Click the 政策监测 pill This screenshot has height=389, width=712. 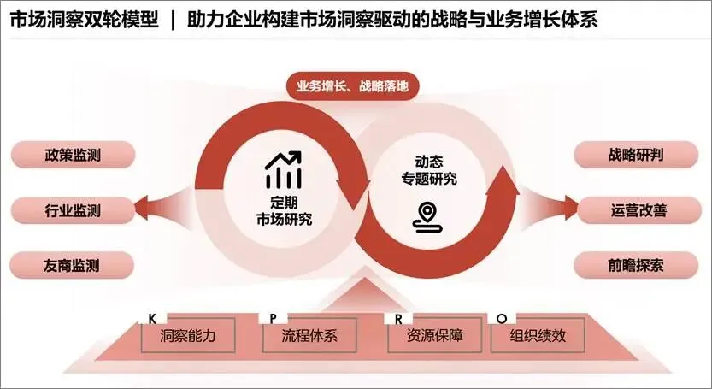coord(73,155)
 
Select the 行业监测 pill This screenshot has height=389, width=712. coord(73,210)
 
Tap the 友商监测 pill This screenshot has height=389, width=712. coord(72,265)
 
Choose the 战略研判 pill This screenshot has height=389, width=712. coord(636,155)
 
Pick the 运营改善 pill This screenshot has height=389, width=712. coord(638,210)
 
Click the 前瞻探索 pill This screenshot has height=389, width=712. coord(636,265)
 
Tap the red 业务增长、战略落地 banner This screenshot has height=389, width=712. coord(352,85)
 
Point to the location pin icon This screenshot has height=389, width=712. coord(427,218)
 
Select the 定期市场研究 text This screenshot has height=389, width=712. coord(285,210)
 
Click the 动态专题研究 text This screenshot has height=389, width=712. coord(429,170)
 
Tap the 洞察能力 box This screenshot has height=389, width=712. coord(187,335)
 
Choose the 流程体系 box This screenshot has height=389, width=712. coord(309,335)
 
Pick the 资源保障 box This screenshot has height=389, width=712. coord(434,335)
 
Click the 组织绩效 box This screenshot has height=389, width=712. coord(538,335)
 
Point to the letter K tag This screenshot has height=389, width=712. coord(152,319)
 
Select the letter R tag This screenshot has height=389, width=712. coord(398,319)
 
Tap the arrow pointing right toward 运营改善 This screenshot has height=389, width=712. coord(549,207)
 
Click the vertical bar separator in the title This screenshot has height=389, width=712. coord(173,21)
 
